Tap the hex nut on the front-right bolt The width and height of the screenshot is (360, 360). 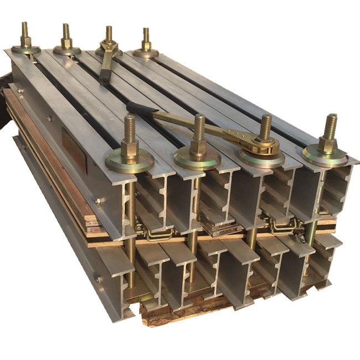(x=328, y=146)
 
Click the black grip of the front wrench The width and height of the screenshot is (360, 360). (x=140, y=107)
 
